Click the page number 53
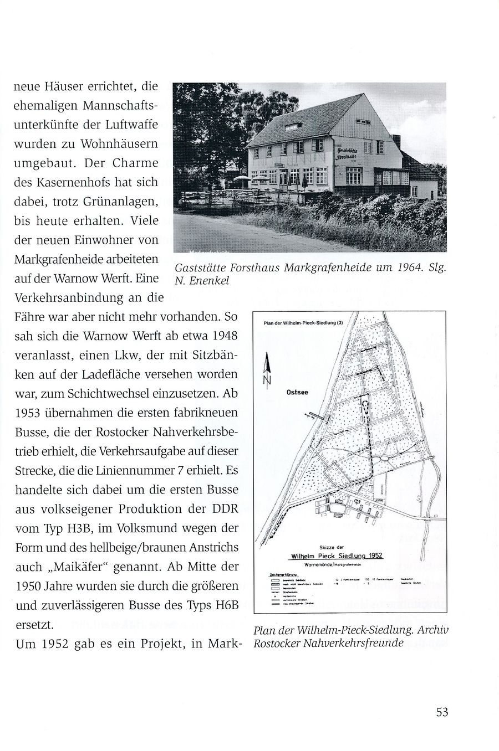click(441, 712)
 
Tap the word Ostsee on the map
click(297, 393)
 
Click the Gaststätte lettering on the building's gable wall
click(350, 150)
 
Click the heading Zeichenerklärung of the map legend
click(283, 575)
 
